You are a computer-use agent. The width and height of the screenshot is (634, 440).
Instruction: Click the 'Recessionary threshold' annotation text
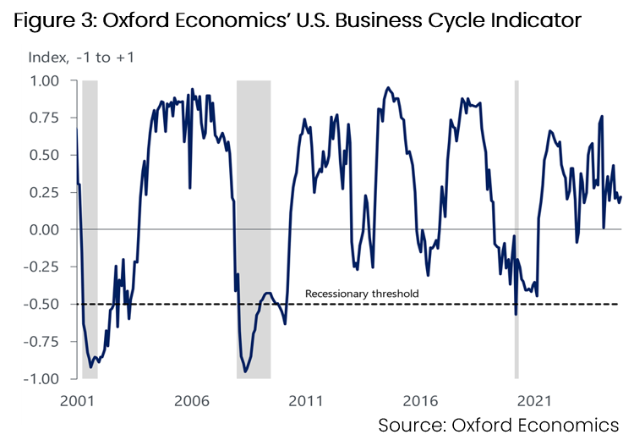coord(362,294)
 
